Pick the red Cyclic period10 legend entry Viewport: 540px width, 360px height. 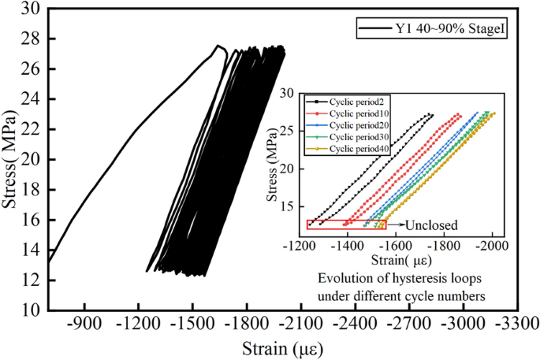[x=354, y=114]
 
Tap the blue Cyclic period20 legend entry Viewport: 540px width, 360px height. [x=354, y=125]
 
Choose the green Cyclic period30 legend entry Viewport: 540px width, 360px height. [x=354, y=136]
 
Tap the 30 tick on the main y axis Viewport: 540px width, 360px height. [x=32, y=9]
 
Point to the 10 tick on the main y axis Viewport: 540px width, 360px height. [x=32, y=311]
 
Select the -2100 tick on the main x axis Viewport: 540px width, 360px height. [x=300, y=323]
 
